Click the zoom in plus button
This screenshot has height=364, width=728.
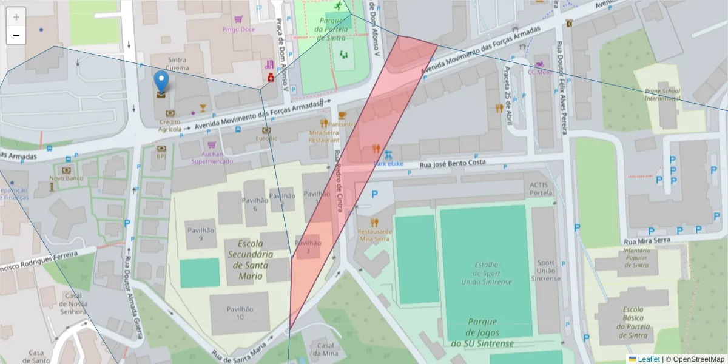[x=16, y=17]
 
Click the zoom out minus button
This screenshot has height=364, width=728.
[x=16, y=35]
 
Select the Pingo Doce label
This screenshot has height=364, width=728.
[x=238, y=29]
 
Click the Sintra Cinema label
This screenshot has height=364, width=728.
[x=177, y=64]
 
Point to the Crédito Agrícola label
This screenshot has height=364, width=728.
[x=170, y=126]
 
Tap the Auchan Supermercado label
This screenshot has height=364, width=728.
[x=211, y=158]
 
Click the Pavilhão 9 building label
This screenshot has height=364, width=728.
[x=201, y=234]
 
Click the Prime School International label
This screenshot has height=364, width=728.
[x=662, y=95]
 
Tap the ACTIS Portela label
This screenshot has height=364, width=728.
[x=541, y=189]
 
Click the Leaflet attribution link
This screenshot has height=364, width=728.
[x=648, y=359]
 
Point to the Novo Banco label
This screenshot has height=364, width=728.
[x=66, y=178]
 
